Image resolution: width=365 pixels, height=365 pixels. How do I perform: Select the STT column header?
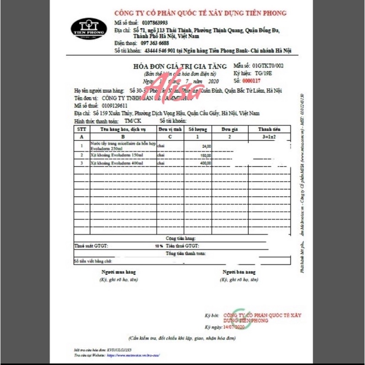(81, 129)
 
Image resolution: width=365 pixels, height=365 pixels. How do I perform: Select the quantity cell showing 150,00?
(205, 156)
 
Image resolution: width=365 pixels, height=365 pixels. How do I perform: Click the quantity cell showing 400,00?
(205, 163)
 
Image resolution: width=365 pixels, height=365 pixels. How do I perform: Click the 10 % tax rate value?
(159, 246)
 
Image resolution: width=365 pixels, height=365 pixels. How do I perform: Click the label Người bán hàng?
(239, 272)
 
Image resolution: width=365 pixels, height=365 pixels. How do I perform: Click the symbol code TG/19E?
(264, 73)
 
